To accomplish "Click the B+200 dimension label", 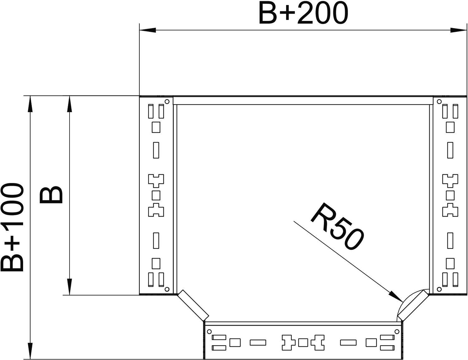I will [303, 14].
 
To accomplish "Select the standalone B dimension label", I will [51, 195].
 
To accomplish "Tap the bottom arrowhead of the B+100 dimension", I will [30, 351].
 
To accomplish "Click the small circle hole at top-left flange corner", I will [167, 101].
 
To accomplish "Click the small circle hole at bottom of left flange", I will [167, 288].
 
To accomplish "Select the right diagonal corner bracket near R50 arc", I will [413, 305].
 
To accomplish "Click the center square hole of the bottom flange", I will [302, 343].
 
